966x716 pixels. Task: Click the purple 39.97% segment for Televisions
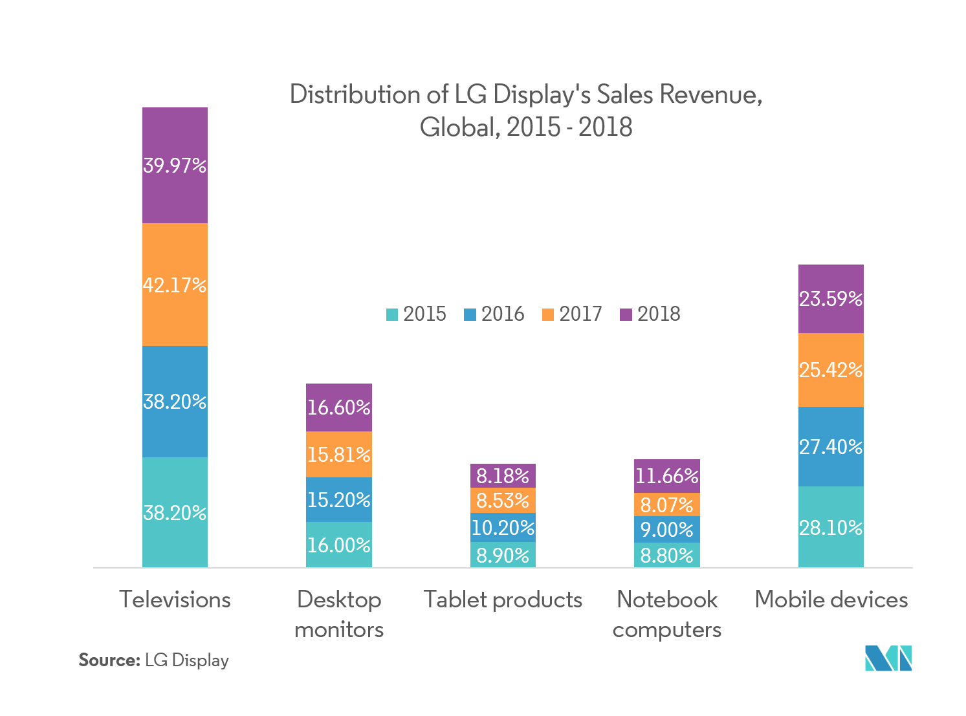[x=175, y=165]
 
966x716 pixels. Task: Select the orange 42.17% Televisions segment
[x=175, y=285]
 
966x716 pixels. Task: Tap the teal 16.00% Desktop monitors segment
[x=338, y=545]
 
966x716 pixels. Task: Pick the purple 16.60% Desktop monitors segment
[x=338, y=407]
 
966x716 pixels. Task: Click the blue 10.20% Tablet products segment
[x=503, y=528]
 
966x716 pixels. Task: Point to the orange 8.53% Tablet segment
[x=503, y=501]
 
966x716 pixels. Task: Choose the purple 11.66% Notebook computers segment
[x=666, y=476]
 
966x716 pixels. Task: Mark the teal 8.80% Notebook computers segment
[x=666, y=555]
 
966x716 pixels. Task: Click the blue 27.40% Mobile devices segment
[x=831, y=446]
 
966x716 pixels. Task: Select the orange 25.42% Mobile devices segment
[x=831, y=370]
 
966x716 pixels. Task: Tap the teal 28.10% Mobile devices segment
[x=831, y=527]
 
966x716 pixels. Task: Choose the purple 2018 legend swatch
[x=626, y=315]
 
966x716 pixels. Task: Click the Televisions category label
[x=175, y=600]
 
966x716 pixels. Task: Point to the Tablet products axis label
[x=503, y=600]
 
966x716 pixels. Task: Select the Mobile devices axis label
[x=831, y=600]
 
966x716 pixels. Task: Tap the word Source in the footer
[x=109, y=660]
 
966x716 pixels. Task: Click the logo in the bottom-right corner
[x=888, y=658]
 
